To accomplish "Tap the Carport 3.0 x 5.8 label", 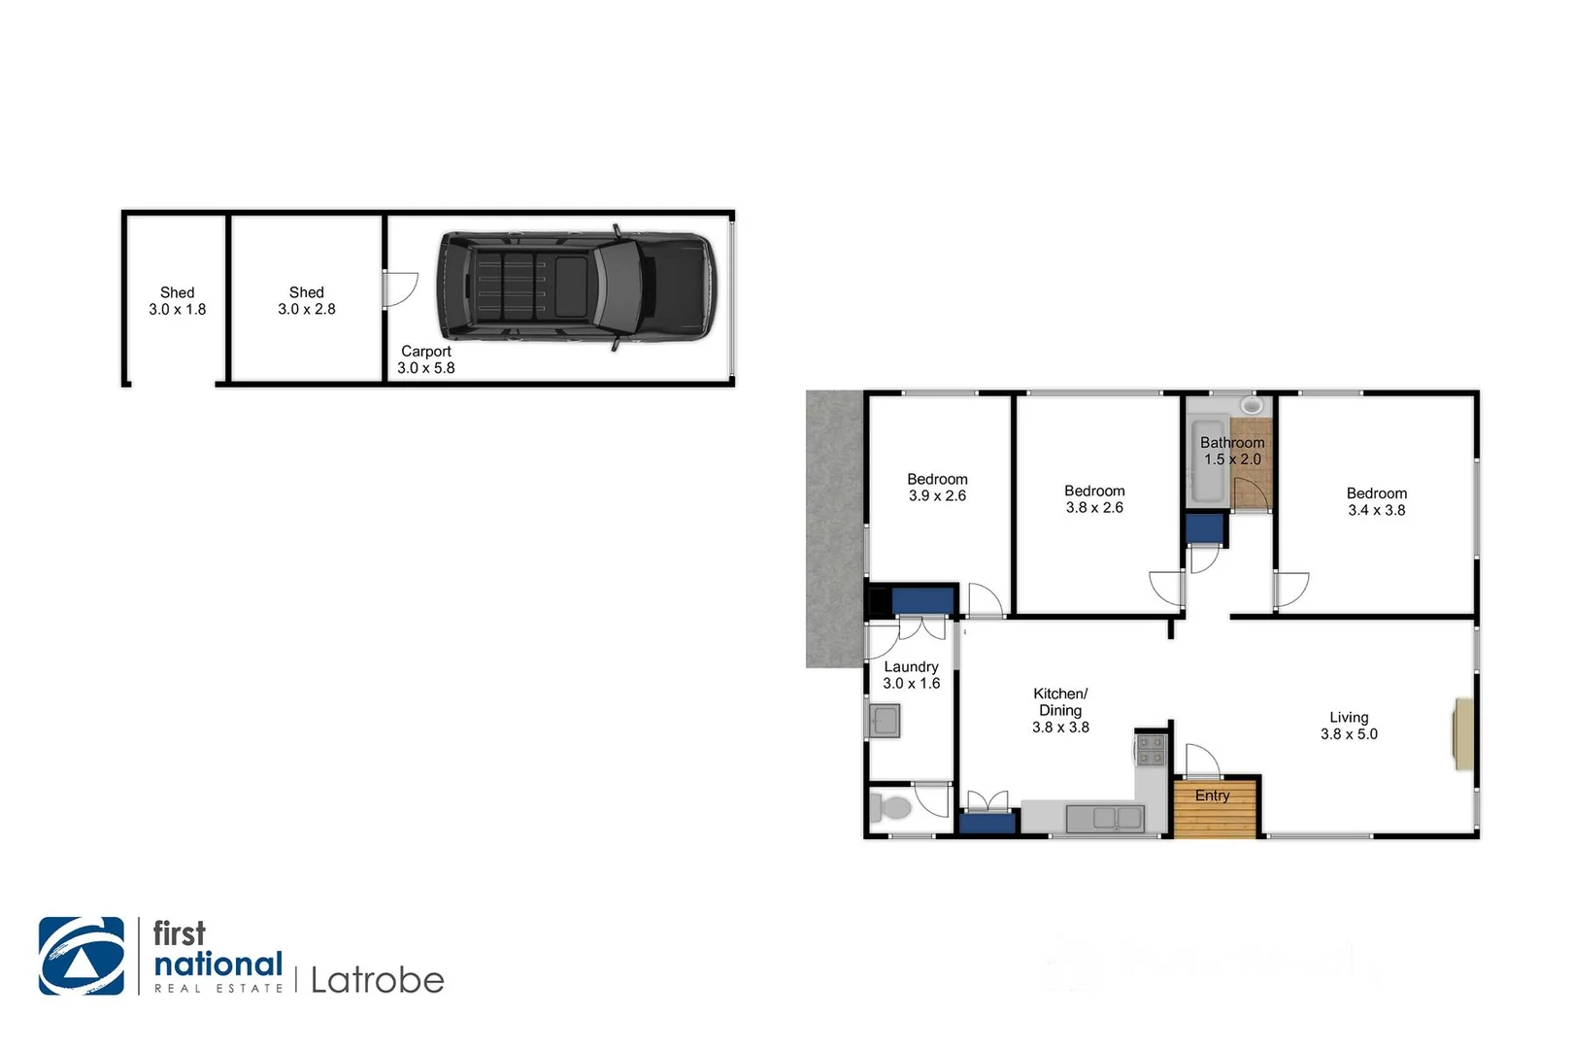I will click(x=426, y=359).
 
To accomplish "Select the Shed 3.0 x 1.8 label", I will click(x=178, y=301).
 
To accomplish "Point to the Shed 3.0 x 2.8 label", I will click(x=307, y=301).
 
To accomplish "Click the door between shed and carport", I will click(x=398, y=289).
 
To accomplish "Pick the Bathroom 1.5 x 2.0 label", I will click(x=1232, y=451).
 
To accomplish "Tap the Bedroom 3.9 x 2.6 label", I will click(x=937, y=488).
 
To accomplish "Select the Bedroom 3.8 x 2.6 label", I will click(x=1094, y=499).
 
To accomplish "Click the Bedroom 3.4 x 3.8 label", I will click(x=1376, y=501).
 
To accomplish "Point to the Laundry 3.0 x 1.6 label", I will click(x=911, y=675).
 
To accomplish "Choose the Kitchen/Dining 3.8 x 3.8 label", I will click(x=1060, y=710).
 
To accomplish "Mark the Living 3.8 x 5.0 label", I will click(x=1349, y=726).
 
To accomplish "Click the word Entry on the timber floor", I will click(x=1212, y=795).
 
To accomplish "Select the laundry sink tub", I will click(x=884, y=721).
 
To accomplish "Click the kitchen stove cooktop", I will click(x=1151, y=751).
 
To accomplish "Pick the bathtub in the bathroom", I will click(x=1208, y=460).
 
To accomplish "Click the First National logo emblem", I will click(x=82, y=956).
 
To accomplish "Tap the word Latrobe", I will click(x=378, y=980).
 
